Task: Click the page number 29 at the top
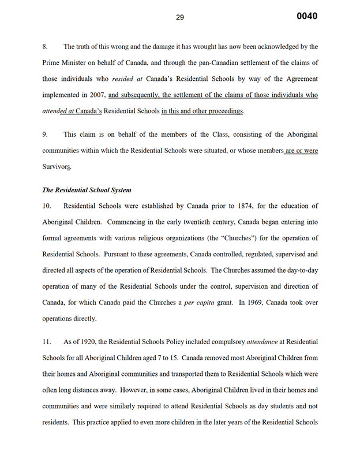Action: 180,17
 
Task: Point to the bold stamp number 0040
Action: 307,16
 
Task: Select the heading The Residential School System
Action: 87,190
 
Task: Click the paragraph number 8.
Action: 46,46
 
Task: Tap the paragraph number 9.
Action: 46,135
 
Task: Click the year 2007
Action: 95,95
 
